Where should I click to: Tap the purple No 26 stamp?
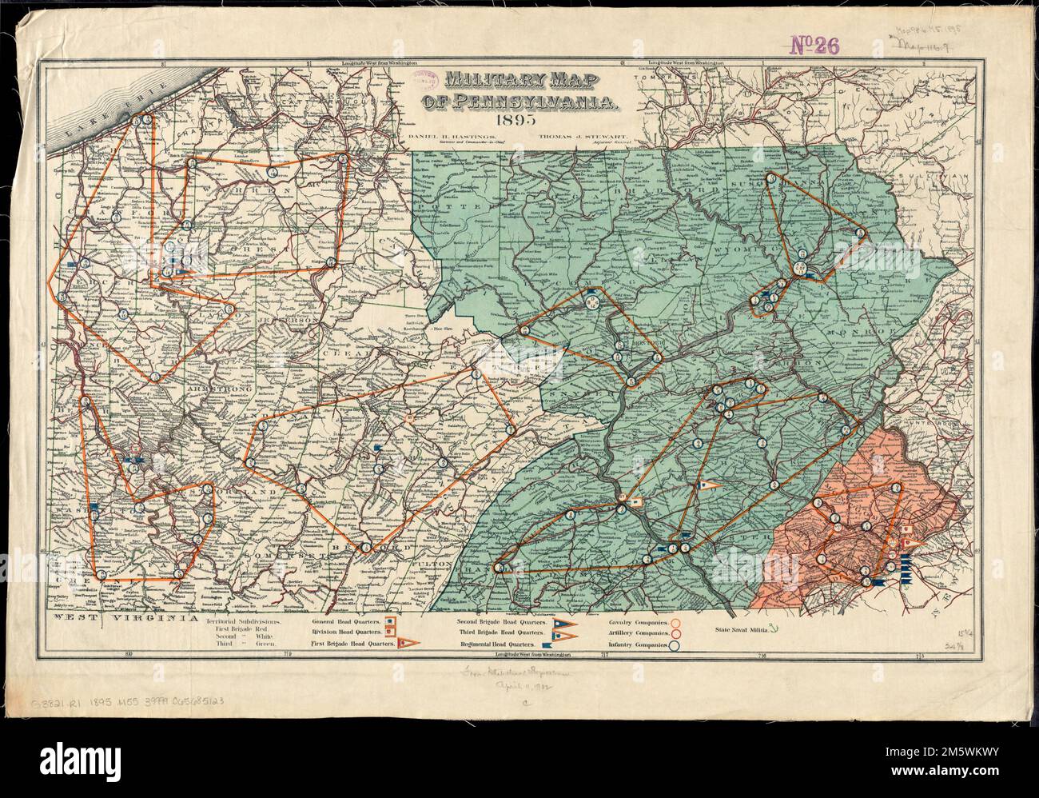coord(814,46)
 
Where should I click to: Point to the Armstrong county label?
coord(209,389)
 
